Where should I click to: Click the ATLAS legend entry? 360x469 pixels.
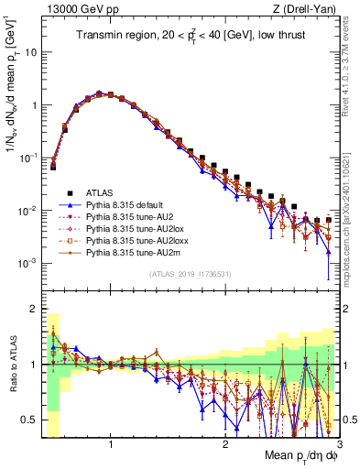point(99,192)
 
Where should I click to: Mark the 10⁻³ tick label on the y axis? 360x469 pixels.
point(29,263)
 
